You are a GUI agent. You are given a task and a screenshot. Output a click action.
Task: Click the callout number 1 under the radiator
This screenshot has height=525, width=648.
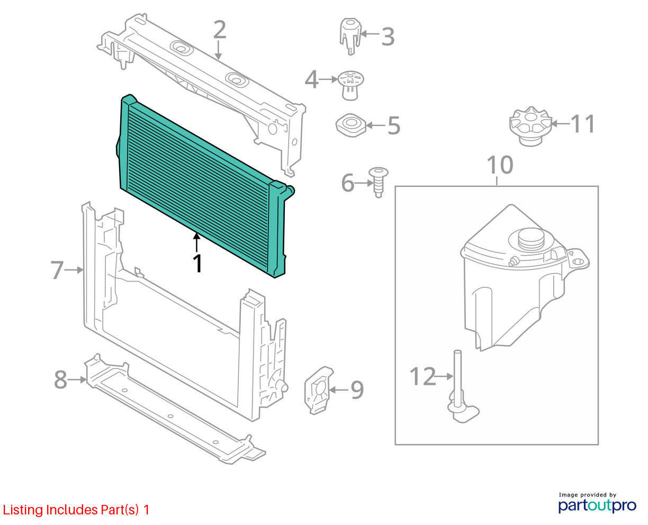(197, 263)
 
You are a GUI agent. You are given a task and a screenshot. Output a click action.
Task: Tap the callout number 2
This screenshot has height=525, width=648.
(220, 29)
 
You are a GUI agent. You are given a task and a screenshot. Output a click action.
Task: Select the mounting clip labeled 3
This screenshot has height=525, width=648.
(350, 36)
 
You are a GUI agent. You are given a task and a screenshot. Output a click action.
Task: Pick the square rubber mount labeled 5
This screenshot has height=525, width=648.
(351, 125)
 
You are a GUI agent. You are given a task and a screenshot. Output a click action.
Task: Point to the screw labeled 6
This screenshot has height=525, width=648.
(378, 182)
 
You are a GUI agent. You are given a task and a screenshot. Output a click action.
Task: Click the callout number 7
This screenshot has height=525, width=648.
(57, 270)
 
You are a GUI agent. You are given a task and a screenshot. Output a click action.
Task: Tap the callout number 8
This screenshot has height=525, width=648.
(60, 379)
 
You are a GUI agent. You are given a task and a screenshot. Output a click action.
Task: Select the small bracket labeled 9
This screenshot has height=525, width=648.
(319, 390)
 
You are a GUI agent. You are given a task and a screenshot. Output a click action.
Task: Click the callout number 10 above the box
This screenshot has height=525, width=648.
(500, 165)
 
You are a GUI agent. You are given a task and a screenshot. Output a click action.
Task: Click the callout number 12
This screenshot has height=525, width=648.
(422, 376)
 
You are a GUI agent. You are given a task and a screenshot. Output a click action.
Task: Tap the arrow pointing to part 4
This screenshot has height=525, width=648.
(328, 79)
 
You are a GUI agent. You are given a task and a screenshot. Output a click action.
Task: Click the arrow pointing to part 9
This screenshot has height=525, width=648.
(339, 390)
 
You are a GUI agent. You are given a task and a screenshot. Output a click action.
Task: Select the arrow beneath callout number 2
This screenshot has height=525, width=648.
(218, 50)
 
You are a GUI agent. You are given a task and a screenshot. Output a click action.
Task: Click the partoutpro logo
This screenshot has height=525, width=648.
(597, 505)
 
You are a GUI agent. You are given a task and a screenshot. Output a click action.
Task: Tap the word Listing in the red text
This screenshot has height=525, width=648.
(23, 510)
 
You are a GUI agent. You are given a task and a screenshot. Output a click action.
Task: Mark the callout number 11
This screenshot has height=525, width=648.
(582, 124)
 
